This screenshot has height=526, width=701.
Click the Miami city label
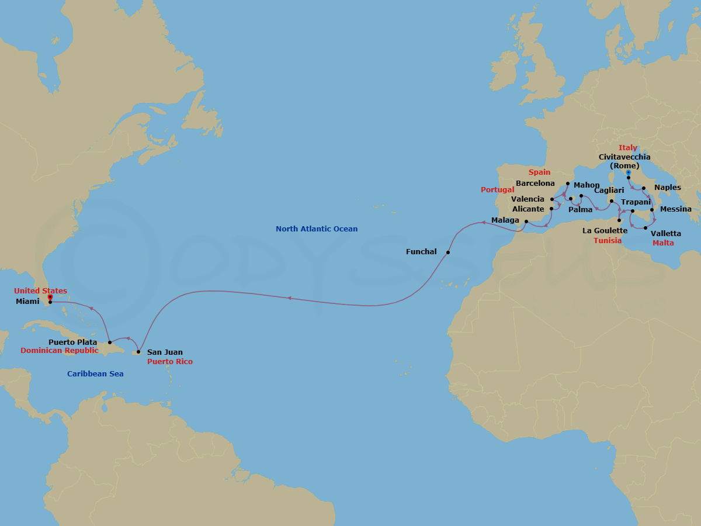click(x=27, y=301)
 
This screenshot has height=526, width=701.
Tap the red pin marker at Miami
click(x=50, y=297)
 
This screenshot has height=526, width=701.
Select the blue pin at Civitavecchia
click(x=628, y=173)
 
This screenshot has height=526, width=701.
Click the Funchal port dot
click(x=447, y=252)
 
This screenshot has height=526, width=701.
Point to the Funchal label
click(x=421, y=252)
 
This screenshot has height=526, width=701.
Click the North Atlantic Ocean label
click(x=317, y=229)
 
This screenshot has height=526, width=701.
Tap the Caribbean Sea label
click(x=95, y=373)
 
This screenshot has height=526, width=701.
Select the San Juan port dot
click(x=138, y=352)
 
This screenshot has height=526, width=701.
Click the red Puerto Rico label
click(x=169, y=362)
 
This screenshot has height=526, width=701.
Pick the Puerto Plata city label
click(x=72, y=342)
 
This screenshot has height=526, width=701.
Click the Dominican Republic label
click(x=59, y=351)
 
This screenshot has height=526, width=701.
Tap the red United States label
click(x=40, y=291)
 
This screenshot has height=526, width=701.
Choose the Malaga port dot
click(x=526, y=221)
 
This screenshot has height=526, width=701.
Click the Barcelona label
click(x=535, y=184)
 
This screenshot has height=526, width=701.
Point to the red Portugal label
click(x=497, y=190)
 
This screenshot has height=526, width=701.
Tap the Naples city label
click(x=667, y=188)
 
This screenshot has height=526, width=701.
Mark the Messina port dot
click(x=652, y=209)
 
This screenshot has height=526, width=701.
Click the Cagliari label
click(x=609, y=191)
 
